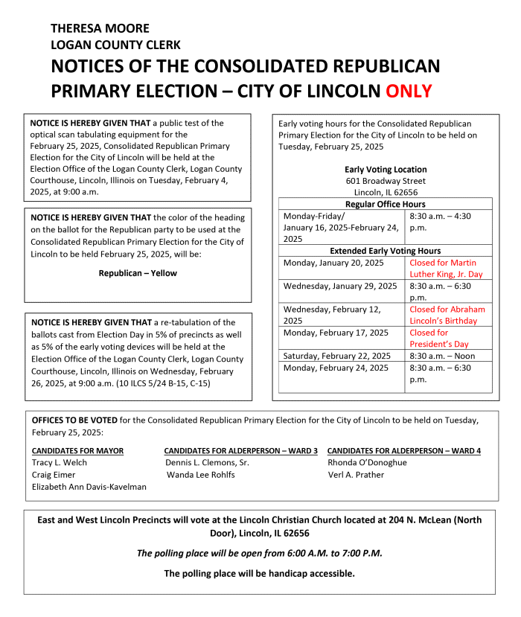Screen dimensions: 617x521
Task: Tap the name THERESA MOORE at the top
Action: (100, 28)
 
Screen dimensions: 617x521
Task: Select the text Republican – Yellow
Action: (138, 273)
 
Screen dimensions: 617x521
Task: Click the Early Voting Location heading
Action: (386, 169)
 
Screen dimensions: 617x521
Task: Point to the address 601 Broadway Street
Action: (386, 181)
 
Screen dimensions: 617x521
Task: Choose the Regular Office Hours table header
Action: (386, 204)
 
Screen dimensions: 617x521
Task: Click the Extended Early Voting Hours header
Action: (386, 251)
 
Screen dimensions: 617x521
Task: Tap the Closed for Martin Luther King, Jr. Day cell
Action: (447, 268)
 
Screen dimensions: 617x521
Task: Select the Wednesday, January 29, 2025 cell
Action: (339, 286)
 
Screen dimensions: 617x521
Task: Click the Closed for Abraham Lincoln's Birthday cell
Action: (447, 315)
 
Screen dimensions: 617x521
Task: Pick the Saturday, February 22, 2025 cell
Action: (337, 356)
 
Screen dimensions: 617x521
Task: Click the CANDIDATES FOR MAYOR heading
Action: (78, 450)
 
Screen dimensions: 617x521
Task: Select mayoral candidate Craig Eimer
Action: (54, 474)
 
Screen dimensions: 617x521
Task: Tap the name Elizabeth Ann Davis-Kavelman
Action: (89, 486)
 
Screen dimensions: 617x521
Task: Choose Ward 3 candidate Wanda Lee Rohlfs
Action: (200, 474)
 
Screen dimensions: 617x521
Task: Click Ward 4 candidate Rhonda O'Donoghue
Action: (368, 462)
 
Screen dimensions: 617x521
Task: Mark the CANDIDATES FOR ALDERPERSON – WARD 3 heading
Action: (240, 450)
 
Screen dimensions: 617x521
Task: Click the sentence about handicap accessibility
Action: (260, 573)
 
